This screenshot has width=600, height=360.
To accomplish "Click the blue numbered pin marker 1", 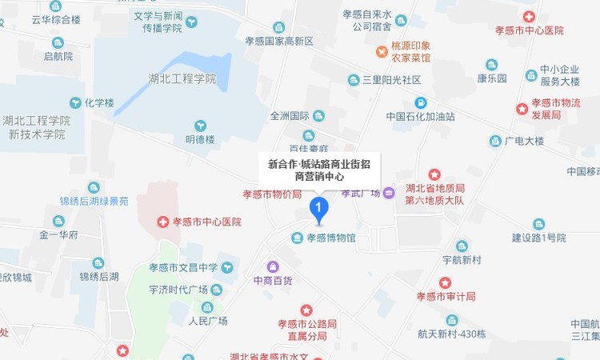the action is (x=319, y=210).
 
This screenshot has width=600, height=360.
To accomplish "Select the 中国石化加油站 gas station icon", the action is (x=420, y=102).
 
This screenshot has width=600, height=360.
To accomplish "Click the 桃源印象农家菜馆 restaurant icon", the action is (x=382, y=52).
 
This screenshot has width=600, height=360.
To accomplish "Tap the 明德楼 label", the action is (x=200, y=139).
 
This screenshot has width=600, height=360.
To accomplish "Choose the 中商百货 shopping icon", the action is (x=272, y=266).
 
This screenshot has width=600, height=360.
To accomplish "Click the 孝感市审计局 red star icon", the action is (x=446, y=282).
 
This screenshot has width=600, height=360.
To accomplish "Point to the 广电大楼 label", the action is (x=524, y=142).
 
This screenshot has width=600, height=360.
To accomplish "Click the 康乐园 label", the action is (x=492, y=78).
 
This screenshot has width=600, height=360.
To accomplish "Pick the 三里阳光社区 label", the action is (x=392, y=80).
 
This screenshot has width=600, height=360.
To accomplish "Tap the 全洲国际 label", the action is (x=289, y=115).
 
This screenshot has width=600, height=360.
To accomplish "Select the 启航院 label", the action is (x=58, y=56).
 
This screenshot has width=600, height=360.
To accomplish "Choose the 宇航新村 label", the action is (x=462, y=260).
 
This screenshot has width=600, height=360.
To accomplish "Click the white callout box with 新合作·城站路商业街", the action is (x=319, y=170).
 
